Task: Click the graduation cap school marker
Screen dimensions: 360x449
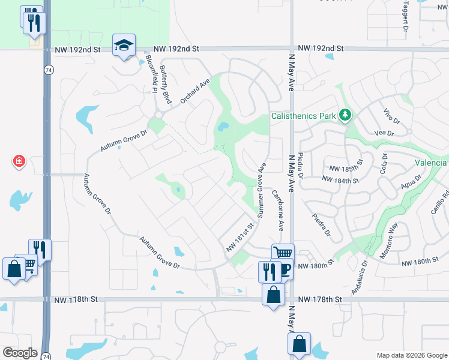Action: point(124,45)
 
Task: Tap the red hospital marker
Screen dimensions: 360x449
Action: point(19,161)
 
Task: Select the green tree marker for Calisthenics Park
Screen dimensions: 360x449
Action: point(345,115)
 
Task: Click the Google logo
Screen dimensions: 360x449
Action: point(20,353)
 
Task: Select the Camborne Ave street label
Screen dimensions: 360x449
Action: point(277,211)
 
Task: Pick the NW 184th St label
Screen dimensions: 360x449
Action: point(340,179)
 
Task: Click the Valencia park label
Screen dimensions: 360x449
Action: point(430,163)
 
